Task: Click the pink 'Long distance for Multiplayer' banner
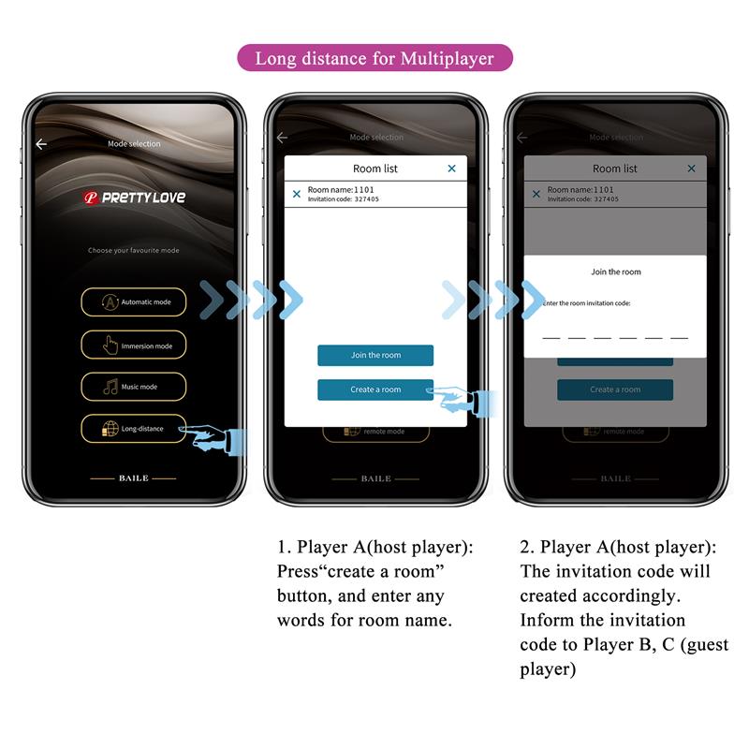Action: (374, 58)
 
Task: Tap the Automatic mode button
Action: (133, 302)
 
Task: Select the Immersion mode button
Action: (133, 345)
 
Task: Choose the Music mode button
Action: (133, 387)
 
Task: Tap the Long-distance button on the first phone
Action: (133, 429)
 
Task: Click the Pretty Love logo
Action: (134, 198)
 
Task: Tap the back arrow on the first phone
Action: (41, 144)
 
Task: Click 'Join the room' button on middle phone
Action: (375, 356)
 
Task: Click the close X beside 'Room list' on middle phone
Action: (451, 169)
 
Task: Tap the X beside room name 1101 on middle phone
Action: (297, 194)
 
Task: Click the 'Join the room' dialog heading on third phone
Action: (615, 272)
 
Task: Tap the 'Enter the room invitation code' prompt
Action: (587, 303)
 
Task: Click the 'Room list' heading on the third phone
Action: (614, 169)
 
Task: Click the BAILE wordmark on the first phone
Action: (133, 478)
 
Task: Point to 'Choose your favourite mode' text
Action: (133, 251)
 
